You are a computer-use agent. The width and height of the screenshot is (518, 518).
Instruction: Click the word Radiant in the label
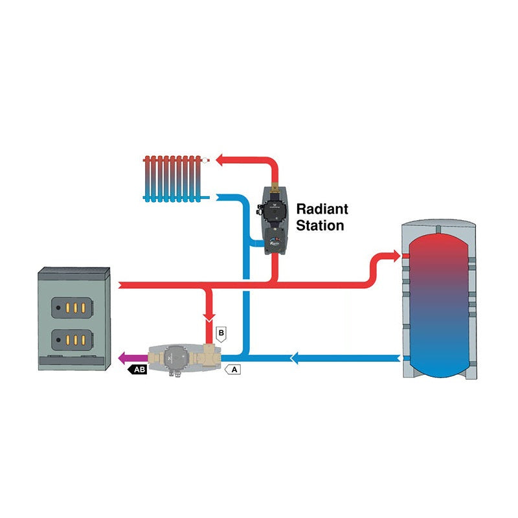(322, 209)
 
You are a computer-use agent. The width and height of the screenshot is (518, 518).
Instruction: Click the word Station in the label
(320, 226)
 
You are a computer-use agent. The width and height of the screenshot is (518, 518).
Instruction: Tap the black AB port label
(139, 370)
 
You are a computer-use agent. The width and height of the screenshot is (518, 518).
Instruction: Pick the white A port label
(234, 370)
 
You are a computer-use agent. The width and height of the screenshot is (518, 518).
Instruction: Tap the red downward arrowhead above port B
(208, 319)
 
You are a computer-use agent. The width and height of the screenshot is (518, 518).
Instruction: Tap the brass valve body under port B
(208, 355)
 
